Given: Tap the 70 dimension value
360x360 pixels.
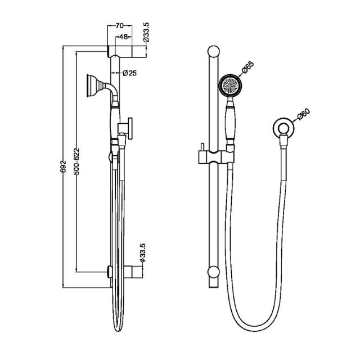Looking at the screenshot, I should tap(119, 26).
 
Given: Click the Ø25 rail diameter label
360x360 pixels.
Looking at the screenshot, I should tap(130, 73).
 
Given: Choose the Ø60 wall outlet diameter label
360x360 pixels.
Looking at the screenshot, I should tap(303, 116).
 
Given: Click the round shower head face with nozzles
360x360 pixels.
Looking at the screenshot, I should tap(229, 85).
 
